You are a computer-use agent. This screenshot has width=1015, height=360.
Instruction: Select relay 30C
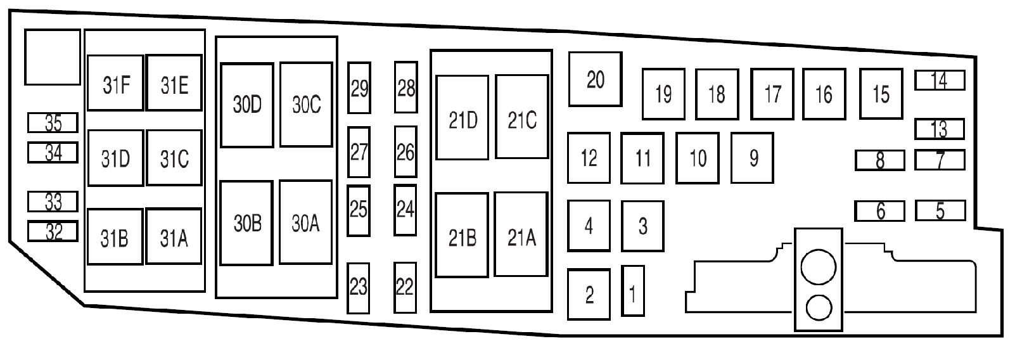coord(306,105)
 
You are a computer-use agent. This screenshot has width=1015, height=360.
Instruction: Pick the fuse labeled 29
coord(359,88)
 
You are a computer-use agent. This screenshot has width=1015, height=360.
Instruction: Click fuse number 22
coord(405,287)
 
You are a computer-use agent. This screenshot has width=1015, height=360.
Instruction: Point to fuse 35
coord(53,122)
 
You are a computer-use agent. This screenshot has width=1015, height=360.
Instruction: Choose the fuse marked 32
coord(53,231)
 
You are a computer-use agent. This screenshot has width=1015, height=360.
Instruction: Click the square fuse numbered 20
coord(595,79)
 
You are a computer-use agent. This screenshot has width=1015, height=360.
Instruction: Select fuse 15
coord(881,94)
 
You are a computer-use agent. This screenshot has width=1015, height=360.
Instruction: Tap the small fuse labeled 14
coord(940,80)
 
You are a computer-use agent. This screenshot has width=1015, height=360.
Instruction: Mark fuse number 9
coord(753,157)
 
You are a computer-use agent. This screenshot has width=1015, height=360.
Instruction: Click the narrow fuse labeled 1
coord(633,291)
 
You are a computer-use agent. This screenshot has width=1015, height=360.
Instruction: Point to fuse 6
coord(880,211)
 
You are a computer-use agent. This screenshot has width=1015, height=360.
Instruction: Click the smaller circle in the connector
coord(819,309)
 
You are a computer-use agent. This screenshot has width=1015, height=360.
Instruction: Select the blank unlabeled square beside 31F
coord(53,57)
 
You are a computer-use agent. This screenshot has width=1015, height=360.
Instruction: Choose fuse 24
coord(405,209)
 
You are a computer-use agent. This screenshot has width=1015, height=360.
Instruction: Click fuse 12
coord(589,157)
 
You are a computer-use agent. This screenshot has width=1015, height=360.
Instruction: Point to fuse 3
coord(642,226)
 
